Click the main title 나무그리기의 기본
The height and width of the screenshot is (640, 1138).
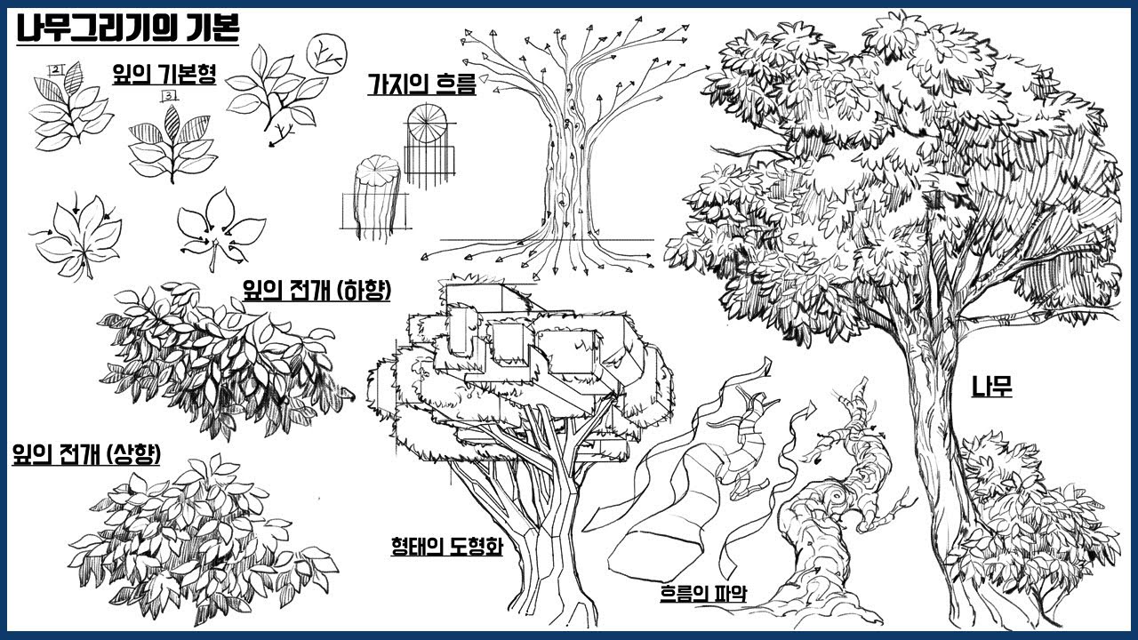click(127, 29)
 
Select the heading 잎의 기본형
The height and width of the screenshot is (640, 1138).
click(164, 74)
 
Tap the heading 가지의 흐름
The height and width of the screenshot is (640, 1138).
click(421, 84)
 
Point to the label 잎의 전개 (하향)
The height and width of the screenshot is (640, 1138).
click(317, 291)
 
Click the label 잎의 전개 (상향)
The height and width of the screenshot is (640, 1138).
click(86, 453)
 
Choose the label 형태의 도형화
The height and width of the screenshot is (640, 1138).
click(446, 546)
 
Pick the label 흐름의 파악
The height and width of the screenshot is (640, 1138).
click(703, 593)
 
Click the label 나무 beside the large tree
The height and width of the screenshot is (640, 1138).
click(991, 387)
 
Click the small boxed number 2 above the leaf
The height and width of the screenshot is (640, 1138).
click(54, 70)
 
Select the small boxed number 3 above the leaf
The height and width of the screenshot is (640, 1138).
click(168, 95)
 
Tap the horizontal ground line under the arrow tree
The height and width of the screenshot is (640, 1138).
click(547, 240)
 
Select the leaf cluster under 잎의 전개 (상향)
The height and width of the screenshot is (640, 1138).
click(204, 541)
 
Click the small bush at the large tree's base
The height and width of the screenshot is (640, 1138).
click(1026, 528)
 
